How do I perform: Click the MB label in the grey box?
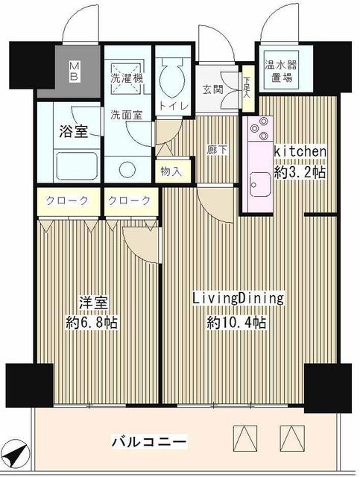(74, 71)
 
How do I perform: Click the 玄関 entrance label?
(213, 89)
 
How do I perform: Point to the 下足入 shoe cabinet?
(248, 88)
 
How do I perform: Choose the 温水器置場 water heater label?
(280, 71)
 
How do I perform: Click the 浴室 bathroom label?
(73, 131)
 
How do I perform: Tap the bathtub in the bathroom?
(78, 165)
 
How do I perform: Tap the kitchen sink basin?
(259, 186)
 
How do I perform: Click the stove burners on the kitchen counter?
(260, 129)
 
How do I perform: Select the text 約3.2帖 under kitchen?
(300, 172)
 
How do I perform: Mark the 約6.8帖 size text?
(92, 322)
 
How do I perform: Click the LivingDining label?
(239, 298)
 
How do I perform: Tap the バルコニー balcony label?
(149, 441)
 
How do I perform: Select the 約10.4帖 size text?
(236, 322)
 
